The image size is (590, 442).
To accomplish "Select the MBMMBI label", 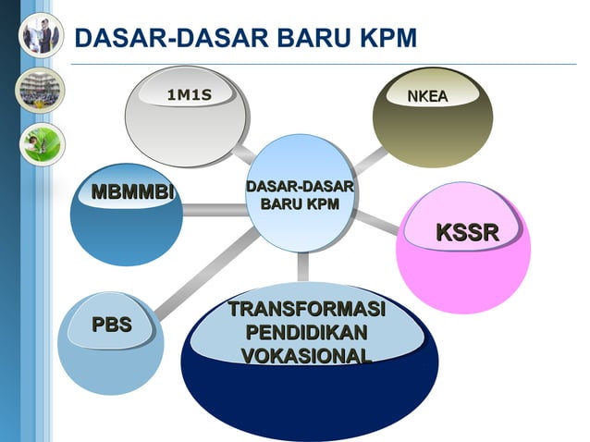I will click(132, 192).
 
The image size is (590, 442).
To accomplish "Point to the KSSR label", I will click(467, 232).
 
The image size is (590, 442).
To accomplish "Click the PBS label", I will click(111, 324).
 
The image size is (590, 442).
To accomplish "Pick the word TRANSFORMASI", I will click(307, 309).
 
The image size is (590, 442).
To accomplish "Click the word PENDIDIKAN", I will click(306, 332).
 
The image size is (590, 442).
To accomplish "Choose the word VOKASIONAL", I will click(306, 356).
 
